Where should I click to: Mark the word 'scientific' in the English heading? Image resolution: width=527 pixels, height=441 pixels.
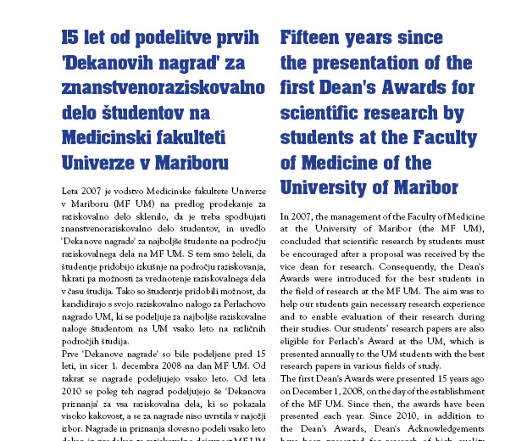tap(333, 112)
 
